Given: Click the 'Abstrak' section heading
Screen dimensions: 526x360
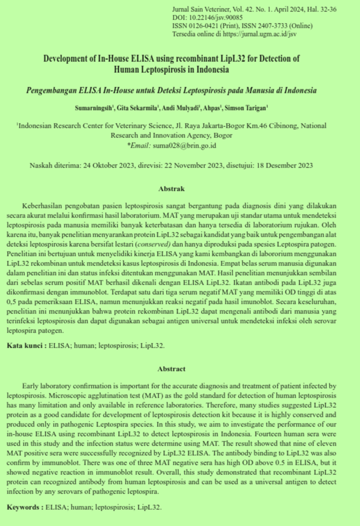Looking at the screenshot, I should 171,189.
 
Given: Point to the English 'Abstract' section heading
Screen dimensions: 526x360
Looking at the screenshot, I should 171,369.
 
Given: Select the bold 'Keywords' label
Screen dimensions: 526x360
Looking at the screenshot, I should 25,507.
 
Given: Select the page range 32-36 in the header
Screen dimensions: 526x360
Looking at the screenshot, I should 327,10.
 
